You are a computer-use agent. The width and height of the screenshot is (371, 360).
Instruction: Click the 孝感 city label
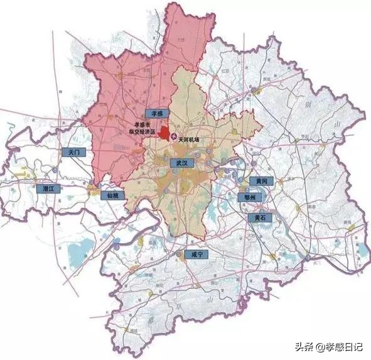pos(153,114)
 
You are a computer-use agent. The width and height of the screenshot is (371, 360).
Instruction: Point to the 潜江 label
pos(46,188)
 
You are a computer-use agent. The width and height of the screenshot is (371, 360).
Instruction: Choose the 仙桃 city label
pos(113,195)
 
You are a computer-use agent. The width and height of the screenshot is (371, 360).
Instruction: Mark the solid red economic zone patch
pos(164,133)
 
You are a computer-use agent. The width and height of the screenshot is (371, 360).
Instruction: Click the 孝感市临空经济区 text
pos(139,129)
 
